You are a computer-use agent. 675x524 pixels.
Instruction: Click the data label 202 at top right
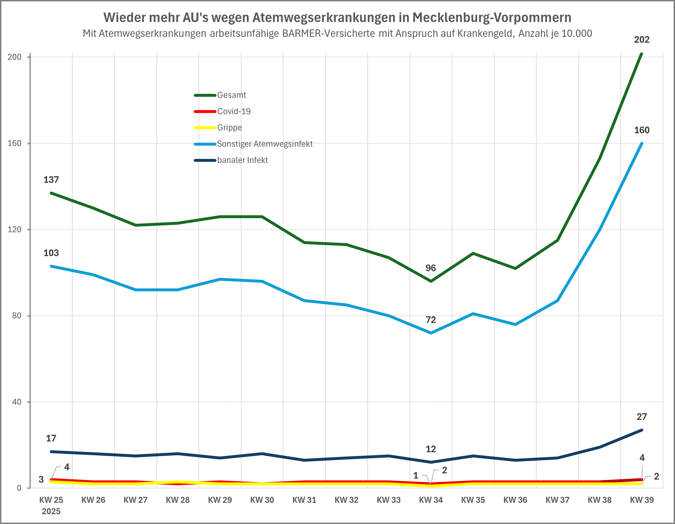coord(642,40)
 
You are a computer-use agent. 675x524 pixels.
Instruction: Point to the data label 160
coord(642,130)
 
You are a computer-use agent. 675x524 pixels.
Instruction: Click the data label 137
coord(51,180)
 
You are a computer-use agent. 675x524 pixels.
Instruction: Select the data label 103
coord(51,253)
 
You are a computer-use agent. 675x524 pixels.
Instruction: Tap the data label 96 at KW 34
coord(430,268)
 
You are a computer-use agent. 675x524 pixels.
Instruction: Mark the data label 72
coord(430,320)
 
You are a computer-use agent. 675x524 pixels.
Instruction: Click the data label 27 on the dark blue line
coord(642,417)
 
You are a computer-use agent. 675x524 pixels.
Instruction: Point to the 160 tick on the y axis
coord(15,143)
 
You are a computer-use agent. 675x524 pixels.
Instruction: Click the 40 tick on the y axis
coord(17,402)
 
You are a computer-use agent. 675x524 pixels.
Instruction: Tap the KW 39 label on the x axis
coord(642,500)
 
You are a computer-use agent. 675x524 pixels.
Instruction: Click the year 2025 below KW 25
coord(51,511)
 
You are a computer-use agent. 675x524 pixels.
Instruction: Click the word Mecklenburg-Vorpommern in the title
coord(492,18)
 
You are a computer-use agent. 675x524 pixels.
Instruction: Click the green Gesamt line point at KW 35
coord(473,253)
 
